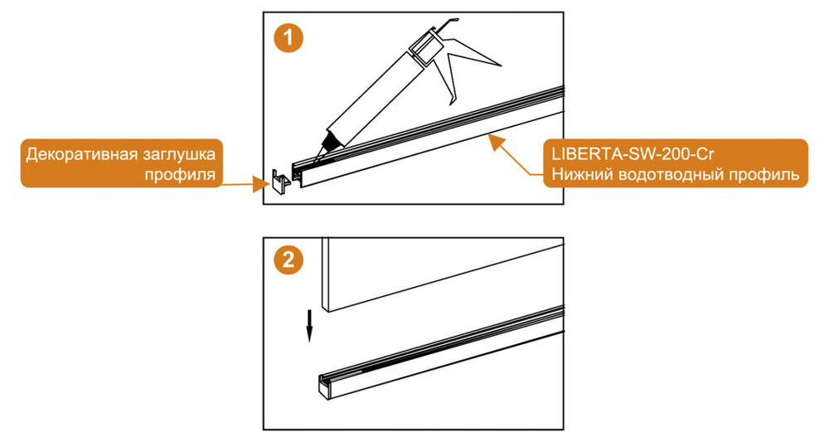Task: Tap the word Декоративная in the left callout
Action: [80, 154]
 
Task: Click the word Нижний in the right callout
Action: [578, 175]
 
